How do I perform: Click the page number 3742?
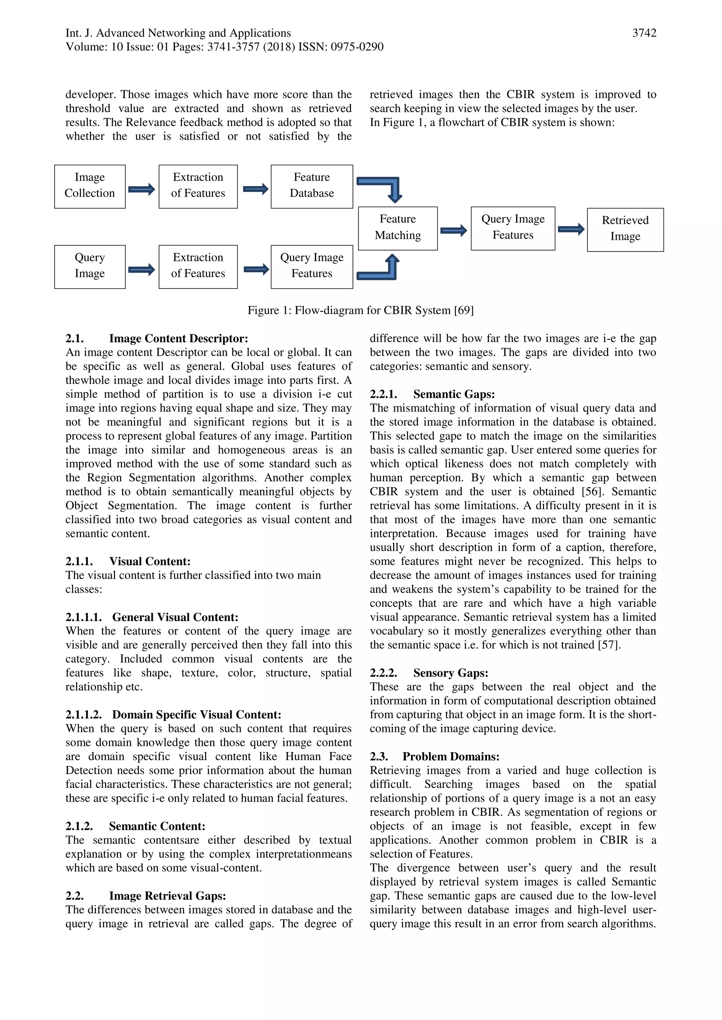point(644,33)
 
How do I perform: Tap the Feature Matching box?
point(397,228)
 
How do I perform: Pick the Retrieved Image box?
point(625,229)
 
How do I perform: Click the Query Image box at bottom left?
point(90,267)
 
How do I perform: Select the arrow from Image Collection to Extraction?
point(141,189)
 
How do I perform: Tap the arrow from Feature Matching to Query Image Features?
point(453,230)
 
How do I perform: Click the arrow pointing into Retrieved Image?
point(571,229)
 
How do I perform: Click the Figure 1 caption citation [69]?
point(464,310)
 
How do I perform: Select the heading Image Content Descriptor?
point(178,338)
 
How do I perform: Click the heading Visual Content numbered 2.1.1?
point(149,561)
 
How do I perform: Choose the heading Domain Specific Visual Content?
point(196,714)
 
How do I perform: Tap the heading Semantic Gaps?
point(453,394)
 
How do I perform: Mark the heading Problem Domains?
point(451,756)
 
